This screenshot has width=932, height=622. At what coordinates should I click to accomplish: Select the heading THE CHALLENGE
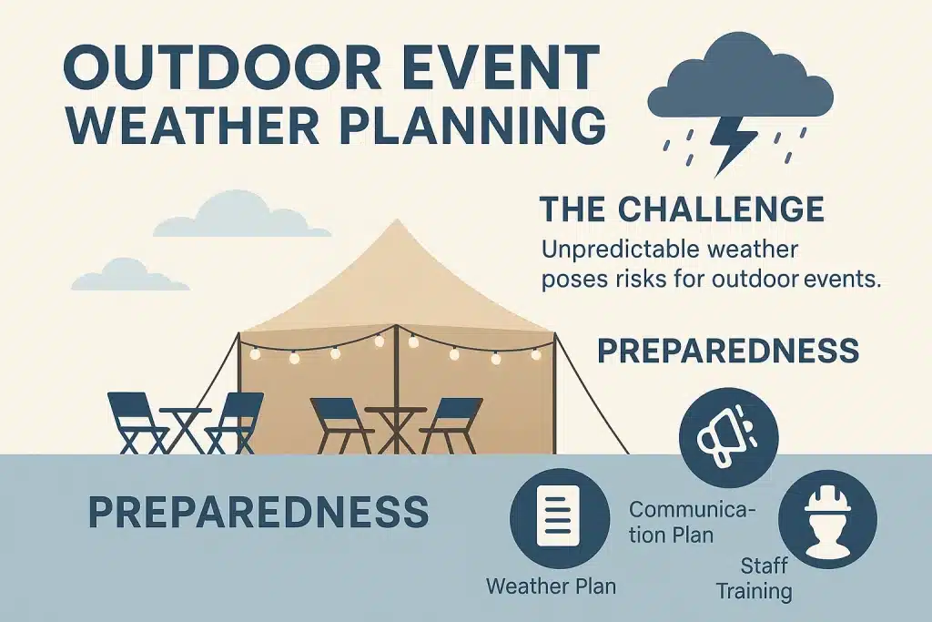pos(682,209)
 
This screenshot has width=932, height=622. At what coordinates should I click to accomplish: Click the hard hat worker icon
pos(827,520)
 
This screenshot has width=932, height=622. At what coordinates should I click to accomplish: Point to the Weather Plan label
pos(551,585)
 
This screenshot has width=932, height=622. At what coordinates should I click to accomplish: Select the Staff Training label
pos(754,578)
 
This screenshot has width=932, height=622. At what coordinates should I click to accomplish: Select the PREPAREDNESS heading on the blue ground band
pos(258,513)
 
